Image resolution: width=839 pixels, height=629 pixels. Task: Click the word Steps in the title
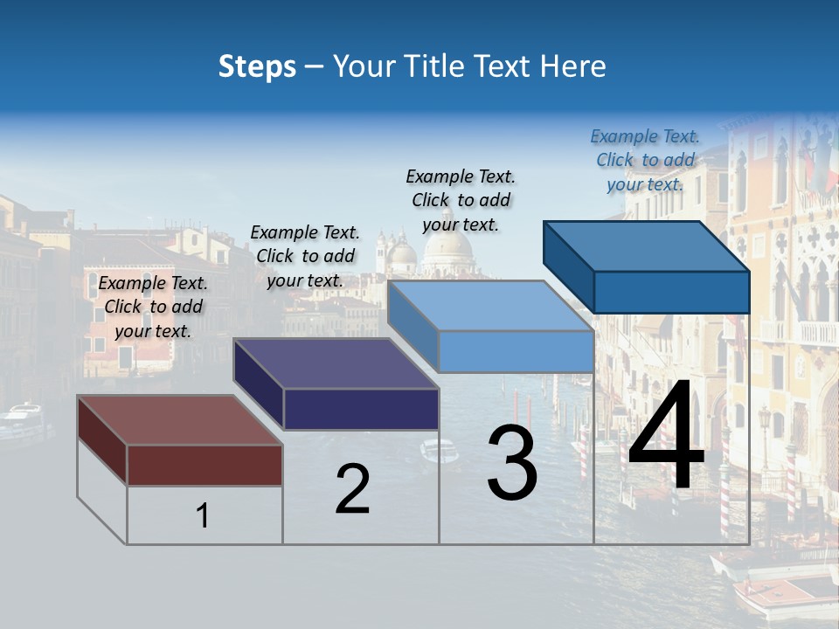pyautogui.click(x=257, y=66)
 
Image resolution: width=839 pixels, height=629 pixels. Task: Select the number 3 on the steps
pyautogui.click(x=512, y=462)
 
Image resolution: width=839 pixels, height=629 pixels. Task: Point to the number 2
pyautogui.click(x=352, y=489)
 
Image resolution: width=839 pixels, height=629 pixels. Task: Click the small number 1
pyautogui.click(x=203, y=515)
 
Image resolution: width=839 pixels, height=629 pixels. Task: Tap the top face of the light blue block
pyautogui.click(x=489, y=306)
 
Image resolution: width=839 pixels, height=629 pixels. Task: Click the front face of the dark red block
pyautogui.click(x=205, y=465)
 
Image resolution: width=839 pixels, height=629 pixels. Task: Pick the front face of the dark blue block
pyautogui.click(x=671, y=292)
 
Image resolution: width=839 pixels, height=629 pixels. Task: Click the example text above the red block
pyautogui.click(x=153, y=307)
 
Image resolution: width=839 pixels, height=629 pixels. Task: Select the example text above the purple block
pyautogui.click(x=305, y=256)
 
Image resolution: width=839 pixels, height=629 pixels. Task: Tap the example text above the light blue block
pyautogui.click(x=461, y=200)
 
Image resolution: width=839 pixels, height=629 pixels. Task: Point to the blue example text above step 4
pyautogui.click(x=645, y=160)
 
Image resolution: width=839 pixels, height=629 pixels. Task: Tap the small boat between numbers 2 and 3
pyautogui.click(x=438, y=452)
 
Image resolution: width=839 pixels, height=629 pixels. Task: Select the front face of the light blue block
pyautogui.click(x=516, y=351)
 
